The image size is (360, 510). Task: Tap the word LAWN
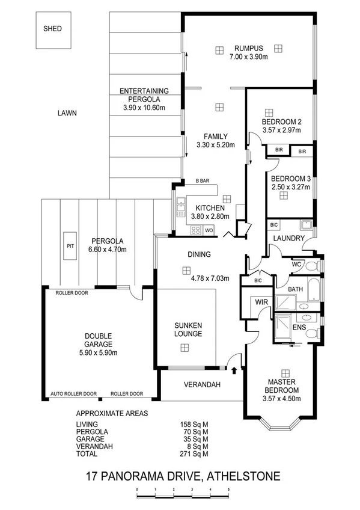67,112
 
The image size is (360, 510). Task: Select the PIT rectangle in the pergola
70,246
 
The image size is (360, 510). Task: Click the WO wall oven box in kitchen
209,230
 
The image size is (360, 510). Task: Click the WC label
296,264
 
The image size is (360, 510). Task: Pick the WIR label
261,302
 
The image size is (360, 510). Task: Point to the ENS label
299,328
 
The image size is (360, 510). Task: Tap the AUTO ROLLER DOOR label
73,394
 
